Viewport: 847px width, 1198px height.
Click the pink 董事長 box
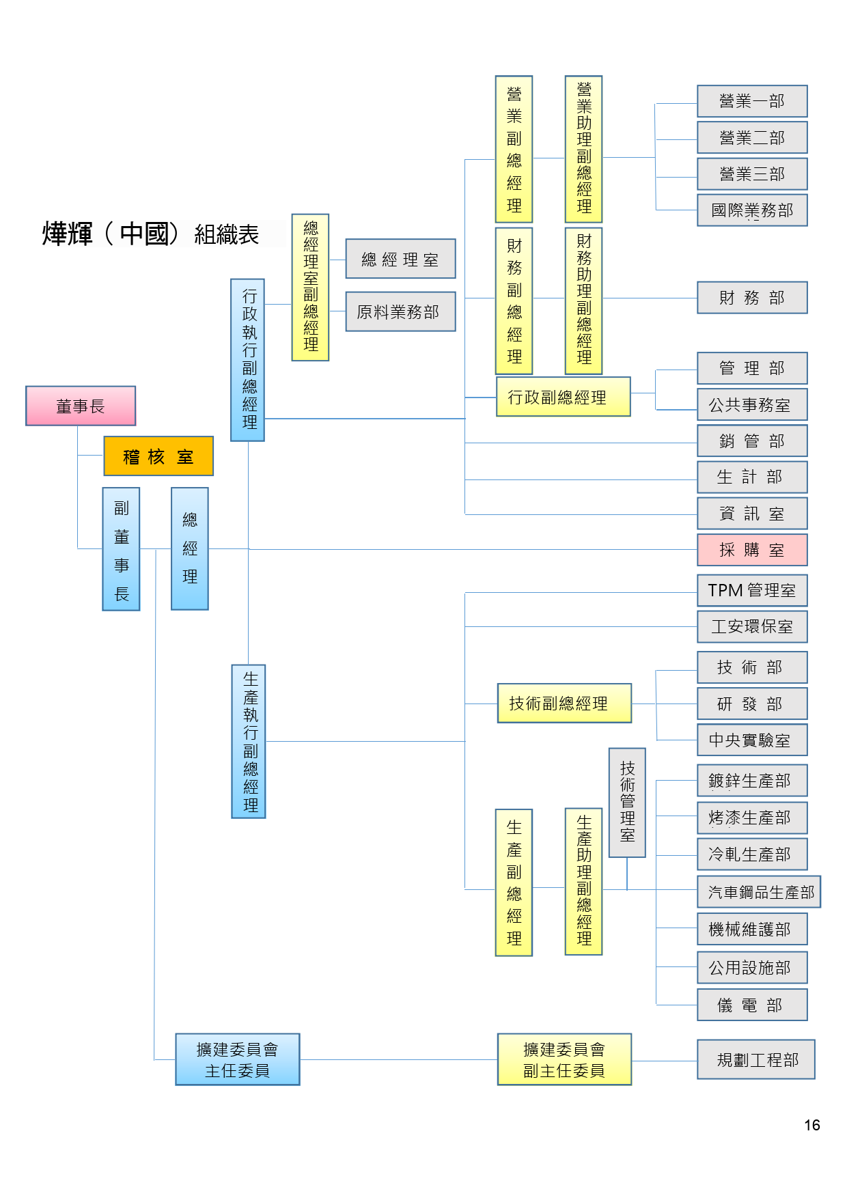[81, 406]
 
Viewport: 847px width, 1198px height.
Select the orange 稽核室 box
[158, 456]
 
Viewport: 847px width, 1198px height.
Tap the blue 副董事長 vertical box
[121, 549]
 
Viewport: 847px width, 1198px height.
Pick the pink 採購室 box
[752, 550]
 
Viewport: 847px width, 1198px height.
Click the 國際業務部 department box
[752, 210]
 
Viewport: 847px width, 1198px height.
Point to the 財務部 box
[752, 297]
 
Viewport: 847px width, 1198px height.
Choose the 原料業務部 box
[400, 311]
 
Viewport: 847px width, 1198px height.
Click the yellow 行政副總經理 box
[563, 397]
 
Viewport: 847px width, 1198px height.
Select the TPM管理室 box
[752, 590]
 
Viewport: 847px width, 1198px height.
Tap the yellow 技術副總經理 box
[564, 703]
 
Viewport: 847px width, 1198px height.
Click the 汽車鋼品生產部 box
[759, 891]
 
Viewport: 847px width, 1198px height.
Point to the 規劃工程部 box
[756, 1059]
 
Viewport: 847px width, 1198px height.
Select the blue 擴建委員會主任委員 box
[238, 1059]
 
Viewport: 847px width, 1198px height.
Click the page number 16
[812, 1125]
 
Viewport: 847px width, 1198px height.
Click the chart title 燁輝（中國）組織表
[150, 234]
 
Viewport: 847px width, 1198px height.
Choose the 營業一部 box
[752, 101]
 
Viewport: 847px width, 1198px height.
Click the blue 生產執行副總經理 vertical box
[249, 741]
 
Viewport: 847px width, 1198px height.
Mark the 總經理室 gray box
[400, 259]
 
